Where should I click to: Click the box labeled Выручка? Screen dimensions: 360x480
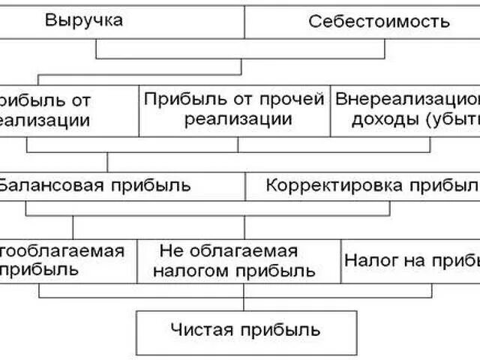coord(84,20)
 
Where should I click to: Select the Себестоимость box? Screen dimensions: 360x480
coord(379,21)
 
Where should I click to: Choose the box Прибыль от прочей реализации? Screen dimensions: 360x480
coord(234,109)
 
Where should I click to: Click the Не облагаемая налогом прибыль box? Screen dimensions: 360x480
coord(239,260)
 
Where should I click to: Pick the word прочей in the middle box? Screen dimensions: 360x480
coord(296,99)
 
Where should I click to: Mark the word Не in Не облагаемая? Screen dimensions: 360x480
coord(169,250)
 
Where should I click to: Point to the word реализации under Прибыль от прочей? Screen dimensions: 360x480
coord(235,120)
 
